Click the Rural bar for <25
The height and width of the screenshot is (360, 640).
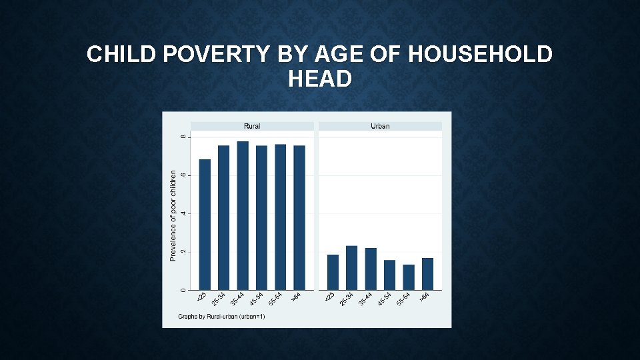point(205,225)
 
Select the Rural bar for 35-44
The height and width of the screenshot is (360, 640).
point(243,215)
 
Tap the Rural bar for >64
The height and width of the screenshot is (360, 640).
point(299,217)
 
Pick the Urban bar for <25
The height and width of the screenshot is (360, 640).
point(333,272)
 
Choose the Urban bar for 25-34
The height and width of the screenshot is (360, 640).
point(351,267)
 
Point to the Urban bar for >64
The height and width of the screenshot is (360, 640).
point(427,273)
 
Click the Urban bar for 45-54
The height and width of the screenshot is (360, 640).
point(389,275)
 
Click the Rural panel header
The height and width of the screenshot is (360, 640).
point(252,126)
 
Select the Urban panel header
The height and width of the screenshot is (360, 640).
point(380,126)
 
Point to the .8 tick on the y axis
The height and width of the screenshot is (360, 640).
point(183,137)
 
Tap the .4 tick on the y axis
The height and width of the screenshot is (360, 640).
point(183,214)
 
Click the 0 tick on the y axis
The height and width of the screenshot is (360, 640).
point(183,289)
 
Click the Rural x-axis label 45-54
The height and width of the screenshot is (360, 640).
point(257,299)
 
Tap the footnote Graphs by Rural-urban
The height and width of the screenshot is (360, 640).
point(221,317)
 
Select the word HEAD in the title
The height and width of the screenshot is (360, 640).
point(320,79)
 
